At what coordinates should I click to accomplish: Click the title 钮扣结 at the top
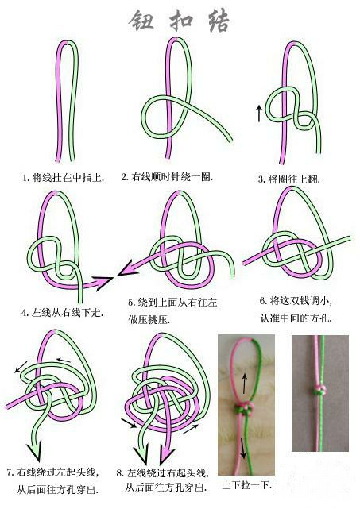pos(180,21)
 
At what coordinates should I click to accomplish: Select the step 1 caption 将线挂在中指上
pos(64,177)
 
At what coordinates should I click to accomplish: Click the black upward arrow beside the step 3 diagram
pos(259,113)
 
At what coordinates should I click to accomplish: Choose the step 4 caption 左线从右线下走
pos(63,313)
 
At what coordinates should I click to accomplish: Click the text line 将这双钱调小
pos(300,301)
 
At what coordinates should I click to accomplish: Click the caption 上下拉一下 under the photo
pos(246,484)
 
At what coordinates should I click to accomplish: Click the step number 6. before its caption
pos(263,301)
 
